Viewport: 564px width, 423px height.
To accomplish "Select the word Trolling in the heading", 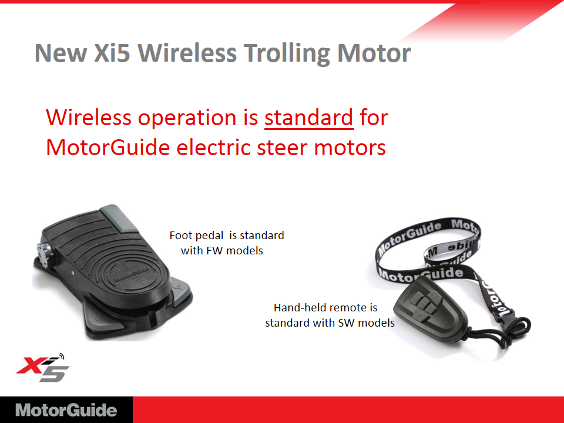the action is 287,54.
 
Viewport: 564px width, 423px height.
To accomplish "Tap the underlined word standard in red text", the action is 309,117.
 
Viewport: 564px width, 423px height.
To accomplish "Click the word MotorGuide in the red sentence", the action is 108,147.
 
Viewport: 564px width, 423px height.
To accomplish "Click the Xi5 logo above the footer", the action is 42,367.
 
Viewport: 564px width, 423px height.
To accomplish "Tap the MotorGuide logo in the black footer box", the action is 66,410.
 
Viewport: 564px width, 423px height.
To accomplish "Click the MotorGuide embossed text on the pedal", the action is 132,275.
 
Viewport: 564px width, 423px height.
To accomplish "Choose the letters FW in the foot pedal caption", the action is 214,250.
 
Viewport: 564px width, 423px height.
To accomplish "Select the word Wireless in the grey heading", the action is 187,53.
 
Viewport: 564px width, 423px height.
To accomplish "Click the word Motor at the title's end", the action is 374,53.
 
